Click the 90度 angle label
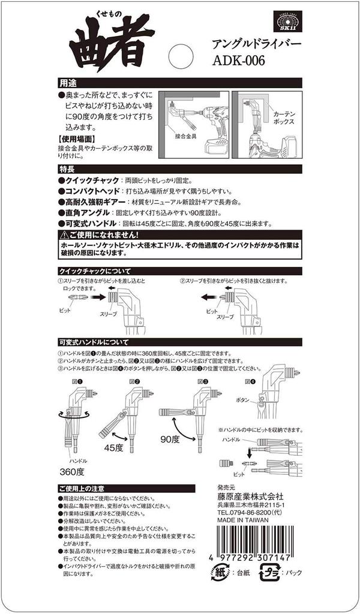pos(170,438)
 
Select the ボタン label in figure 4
pos(242,399)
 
